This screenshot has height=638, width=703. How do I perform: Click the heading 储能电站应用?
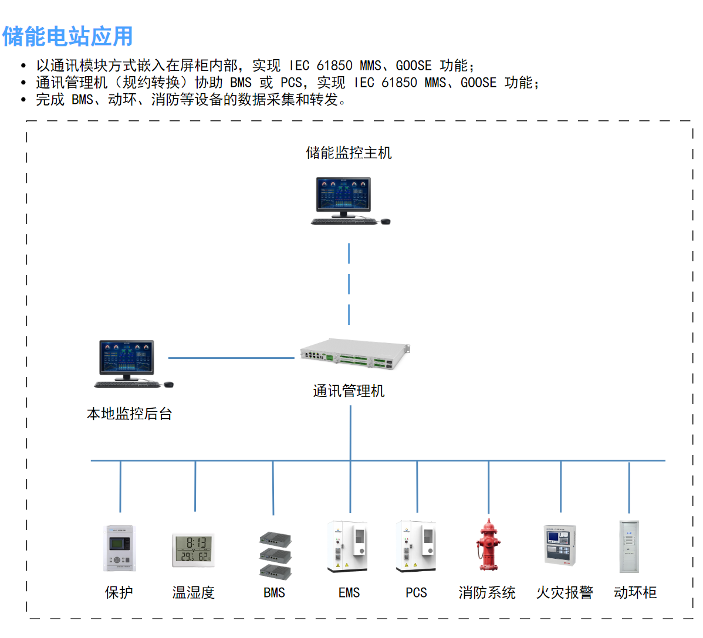coord(67,36)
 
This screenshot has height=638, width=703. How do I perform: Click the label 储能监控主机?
coord(349,153)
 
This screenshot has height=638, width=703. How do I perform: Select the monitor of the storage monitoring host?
coord(344,196)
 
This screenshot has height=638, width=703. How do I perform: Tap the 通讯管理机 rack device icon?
coord(354,354)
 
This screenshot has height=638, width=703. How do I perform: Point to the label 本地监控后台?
coord(129,414)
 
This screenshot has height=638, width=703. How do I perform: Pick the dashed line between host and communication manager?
coord(349,284)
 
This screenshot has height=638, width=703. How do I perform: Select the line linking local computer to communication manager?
coord(231,358)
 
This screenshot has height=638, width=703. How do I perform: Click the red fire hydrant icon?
coord(488,545)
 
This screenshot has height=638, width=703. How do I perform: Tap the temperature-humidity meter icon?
coord(193,550)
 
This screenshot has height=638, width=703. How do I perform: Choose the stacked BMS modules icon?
coord(275,555)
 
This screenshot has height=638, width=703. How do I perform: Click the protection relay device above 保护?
coord(120,548)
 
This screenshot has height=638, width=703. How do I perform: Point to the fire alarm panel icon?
coord(560,546)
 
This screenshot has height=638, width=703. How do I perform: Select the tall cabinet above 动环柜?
coord(629,547)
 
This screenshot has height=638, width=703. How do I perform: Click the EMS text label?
coord(349,593)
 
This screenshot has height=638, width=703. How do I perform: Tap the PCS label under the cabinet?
coord(416,593)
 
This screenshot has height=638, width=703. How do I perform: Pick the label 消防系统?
coord(487,593)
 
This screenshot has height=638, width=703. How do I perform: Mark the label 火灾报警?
coord(565,593)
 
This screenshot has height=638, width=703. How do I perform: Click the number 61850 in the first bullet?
coord(334,66)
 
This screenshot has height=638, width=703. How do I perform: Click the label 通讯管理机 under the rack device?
coord(349,391)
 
